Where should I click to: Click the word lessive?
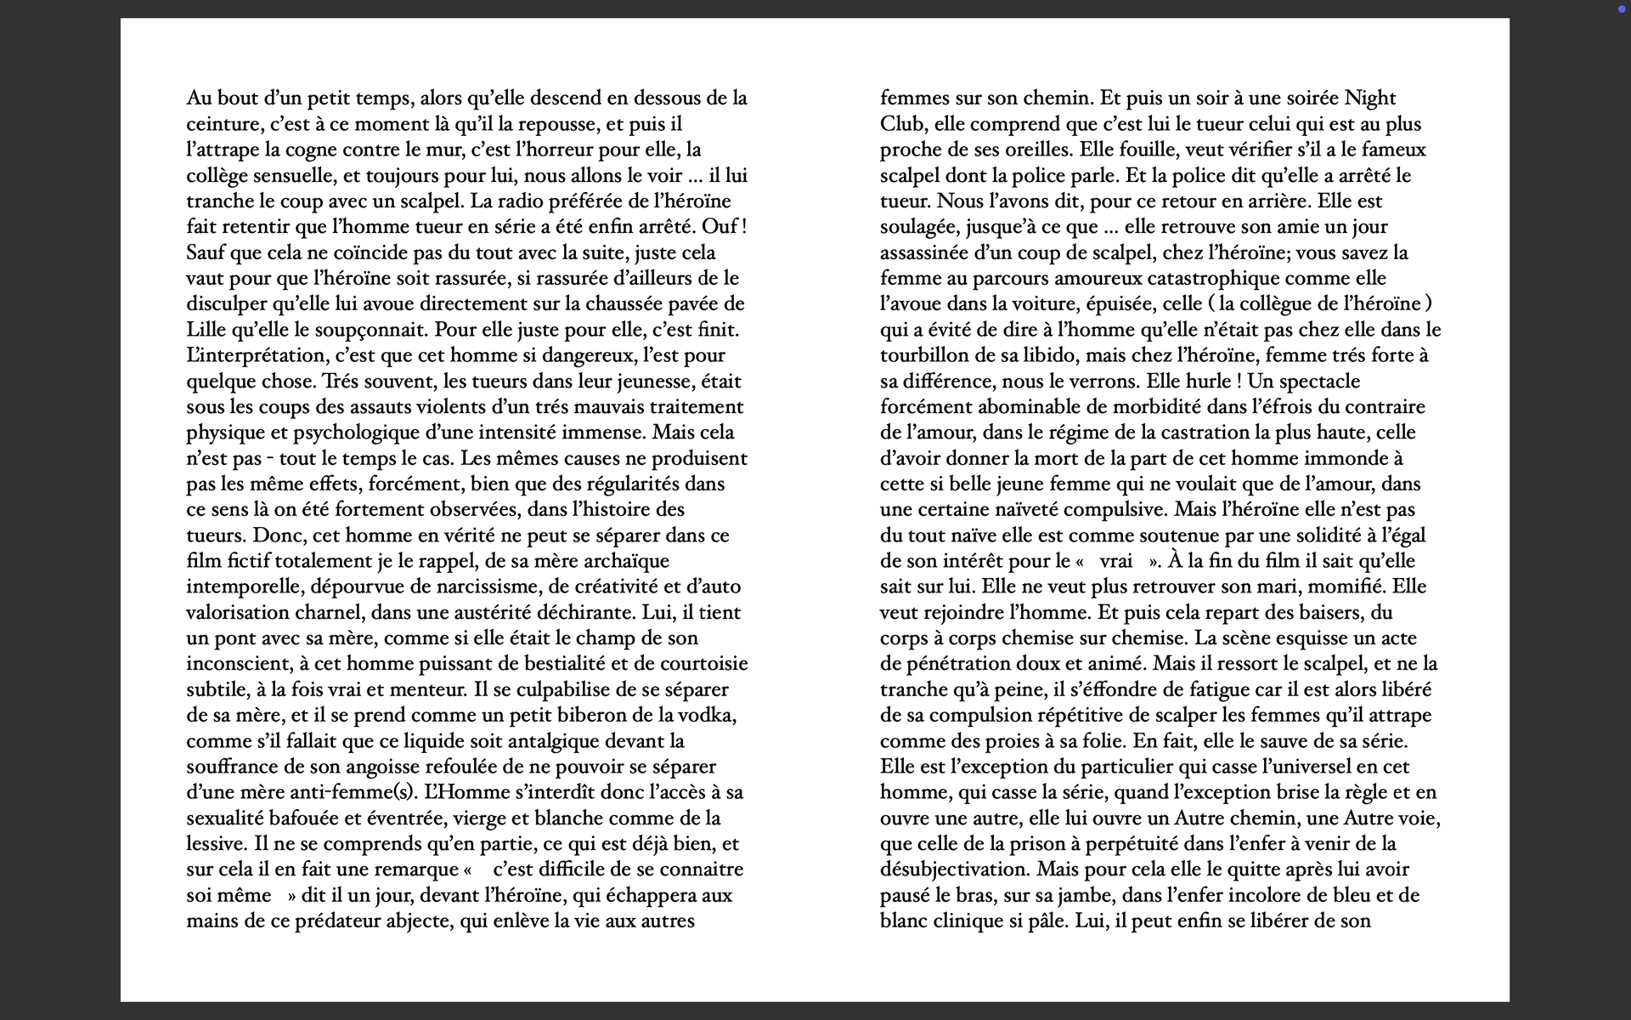coord(216,844)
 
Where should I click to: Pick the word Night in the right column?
coord(1370,99)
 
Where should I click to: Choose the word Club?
coord(901,124)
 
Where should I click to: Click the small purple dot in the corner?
coord(1622,9)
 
